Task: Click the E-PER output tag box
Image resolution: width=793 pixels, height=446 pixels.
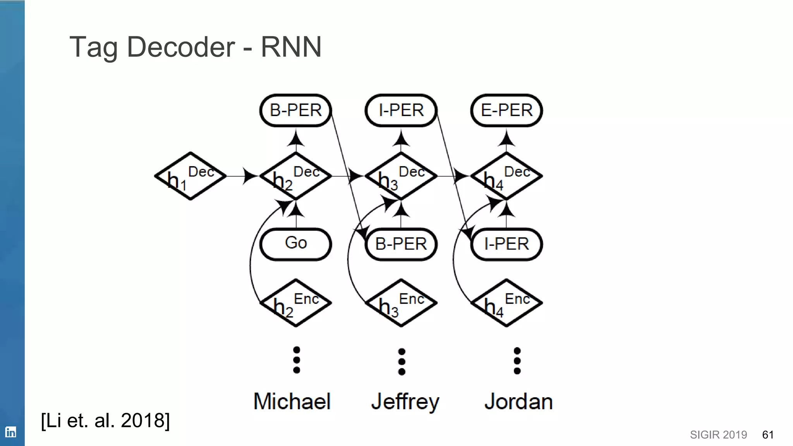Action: pyautogui.click(x=506, y=111)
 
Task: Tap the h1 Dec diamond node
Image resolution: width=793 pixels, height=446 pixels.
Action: pyautogui.click(x=191, y=176)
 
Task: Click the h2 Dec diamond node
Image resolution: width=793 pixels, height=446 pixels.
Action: pyautogui.click(x=296, y=176)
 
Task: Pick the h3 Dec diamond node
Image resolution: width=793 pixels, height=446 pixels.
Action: pyautogui.click(x=401, y=176)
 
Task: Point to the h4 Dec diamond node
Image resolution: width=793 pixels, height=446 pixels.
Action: pyautogui.click(x=506, y=176)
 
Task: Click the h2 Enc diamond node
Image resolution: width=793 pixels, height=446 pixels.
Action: pyautogui.click(x=296, y=303)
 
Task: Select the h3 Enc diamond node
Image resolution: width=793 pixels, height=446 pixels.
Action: pyautogui.click(x=401, y=303)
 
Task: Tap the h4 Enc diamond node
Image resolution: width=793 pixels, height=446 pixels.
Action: pyautogui.click(x=506, y=303)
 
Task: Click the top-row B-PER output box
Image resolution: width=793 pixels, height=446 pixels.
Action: pyautogui.click(x=296, y=111)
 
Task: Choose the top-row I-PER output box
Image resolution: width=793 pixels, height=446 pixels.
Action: pyautogui.click(x=401, y=111)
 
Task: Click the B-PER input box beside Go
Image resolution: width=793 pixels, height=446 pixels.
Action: pyautogui.click(x=401, y=244)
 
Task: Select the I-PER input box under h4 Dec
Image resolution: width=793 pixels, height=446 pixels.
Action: pyautogui.click(x=506, y=244)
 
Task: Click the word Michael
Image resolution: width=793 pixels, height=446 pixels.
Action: pyautogui.click(x=292, y=401)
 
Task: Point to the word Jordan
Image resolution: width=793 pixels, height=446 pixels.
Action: pyautogui.click(x=518, y=401)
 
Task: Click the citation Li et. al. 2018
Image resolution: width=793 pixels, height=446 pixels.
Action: pyautogui.click(x=105, y=420)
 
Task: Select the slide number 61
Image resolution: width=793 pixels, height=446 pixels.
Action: pyautogui.click(x=767, y=435)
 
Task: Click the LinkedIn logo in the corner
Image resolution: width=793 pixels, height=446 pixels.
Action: pyautogui.click(x=11, y=432)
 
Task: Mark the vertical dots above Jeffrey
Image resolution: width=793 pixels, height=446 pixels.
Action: pyautogui.click(x=402, y=362)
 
